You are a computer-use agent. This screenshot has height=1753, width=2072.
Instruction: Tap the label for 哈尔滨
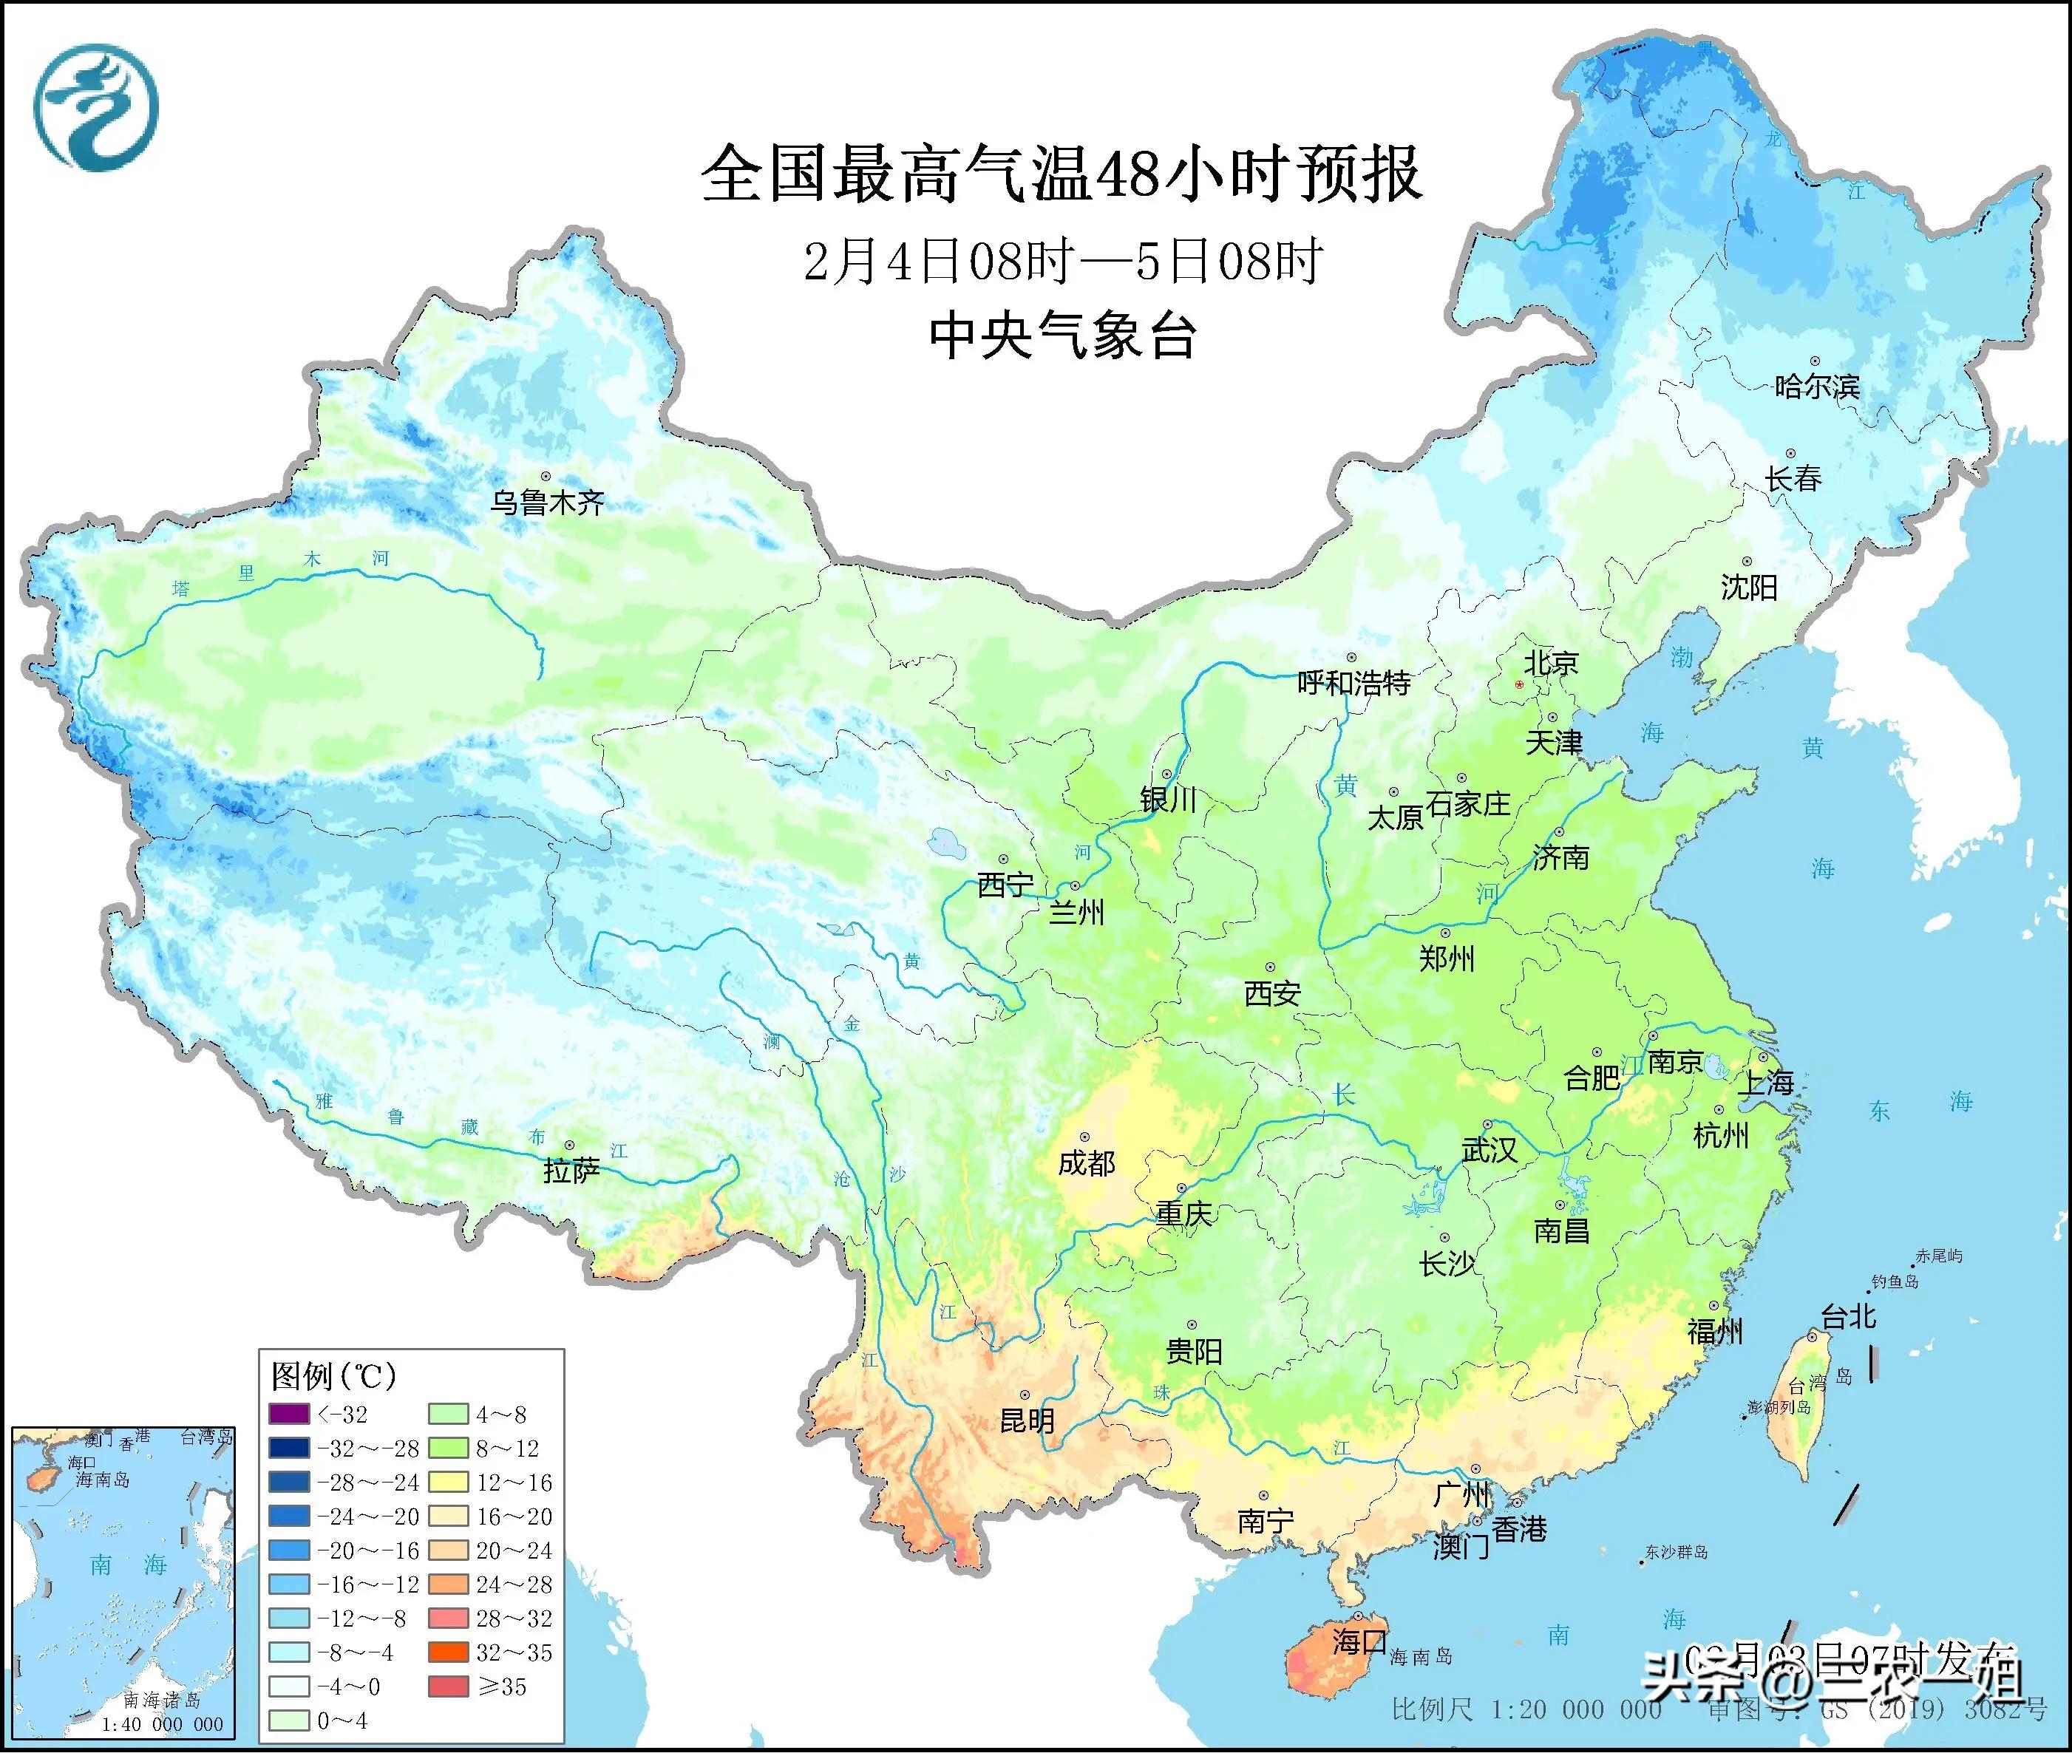[x=1816, y=386]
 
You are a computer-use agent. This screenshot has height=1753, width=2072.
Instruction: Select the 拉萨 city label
[x=571, y=1171]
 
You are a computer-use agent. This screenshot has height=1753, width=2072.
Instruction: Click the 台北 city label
[x=1849, y=1317]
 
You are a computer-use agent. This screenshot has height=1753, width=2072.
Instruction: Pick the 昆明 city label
[x=1027, y=1420]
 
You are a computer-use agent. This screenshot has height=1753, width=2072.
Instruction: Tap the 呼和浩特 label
[x=1354, y=683]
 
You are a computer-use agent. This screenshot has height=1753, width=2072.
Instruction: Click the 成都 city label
[x=1086, y=1163]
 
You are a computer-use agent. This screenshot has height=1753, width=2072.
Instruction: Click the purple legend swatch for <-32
[x=288, y=1413]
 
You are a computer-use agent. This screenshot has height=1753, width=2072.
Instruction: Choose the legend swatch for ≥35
[x=448, y=1686]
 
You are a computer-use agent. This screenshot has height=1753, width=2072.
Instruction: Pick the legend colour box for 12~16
[x=448, y=1482]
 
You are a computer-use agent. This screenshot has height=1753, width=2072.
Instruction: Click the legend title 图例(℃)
[x=334, y=1375]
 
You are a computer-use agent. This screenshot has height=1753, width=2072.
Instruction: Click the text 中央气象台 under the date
[x=1062, y=335]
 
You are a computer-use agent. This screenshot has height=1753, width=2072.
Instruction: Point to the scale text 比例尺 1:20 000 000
[x=1526, y=1710]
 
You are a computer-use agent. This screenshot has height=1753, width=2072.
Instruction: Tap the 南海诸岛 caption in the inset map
[x=162, y=1701]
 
